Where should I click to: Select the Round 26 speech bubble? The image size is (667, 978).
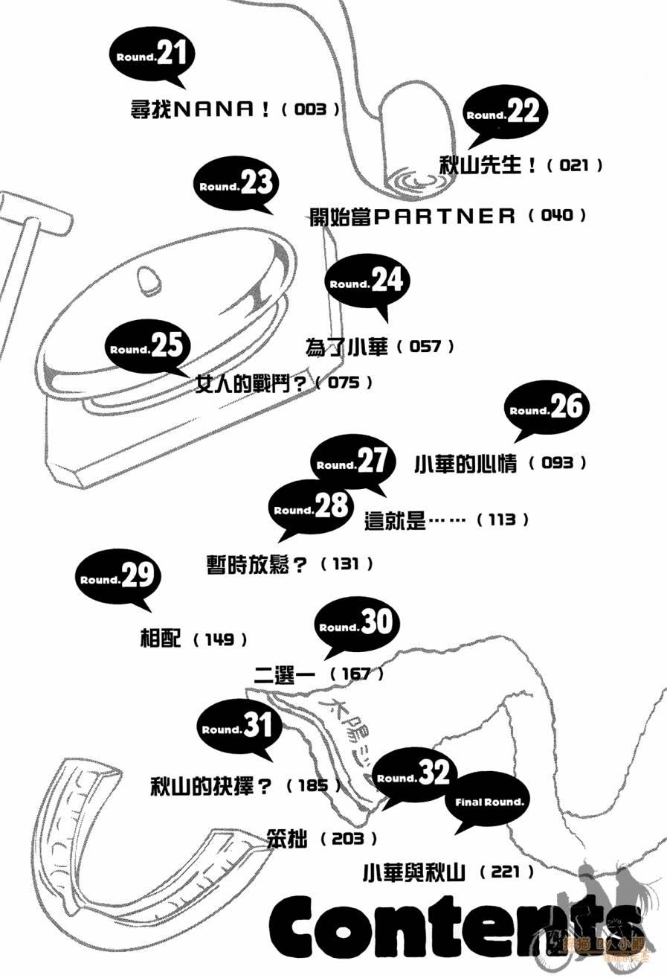click(547, 409)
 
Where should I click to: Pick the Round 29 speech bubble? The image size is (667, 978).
click(117, 578)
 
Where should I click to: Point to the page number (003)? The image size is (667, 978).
click(311, 109)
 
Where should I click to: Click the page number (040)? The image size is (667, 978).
click(558, 216)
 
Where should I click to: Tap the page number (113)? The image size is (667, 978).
click(502, 520)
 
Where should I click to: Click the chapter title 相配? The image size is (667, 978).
click(160, 639)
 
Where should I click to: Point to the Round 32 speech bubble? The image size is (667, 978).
click(413, 776)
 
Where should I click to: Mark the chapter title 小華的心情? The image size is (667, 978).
click(465, 463)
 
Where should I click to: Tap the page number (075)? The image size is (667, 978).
click(343, 383)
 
